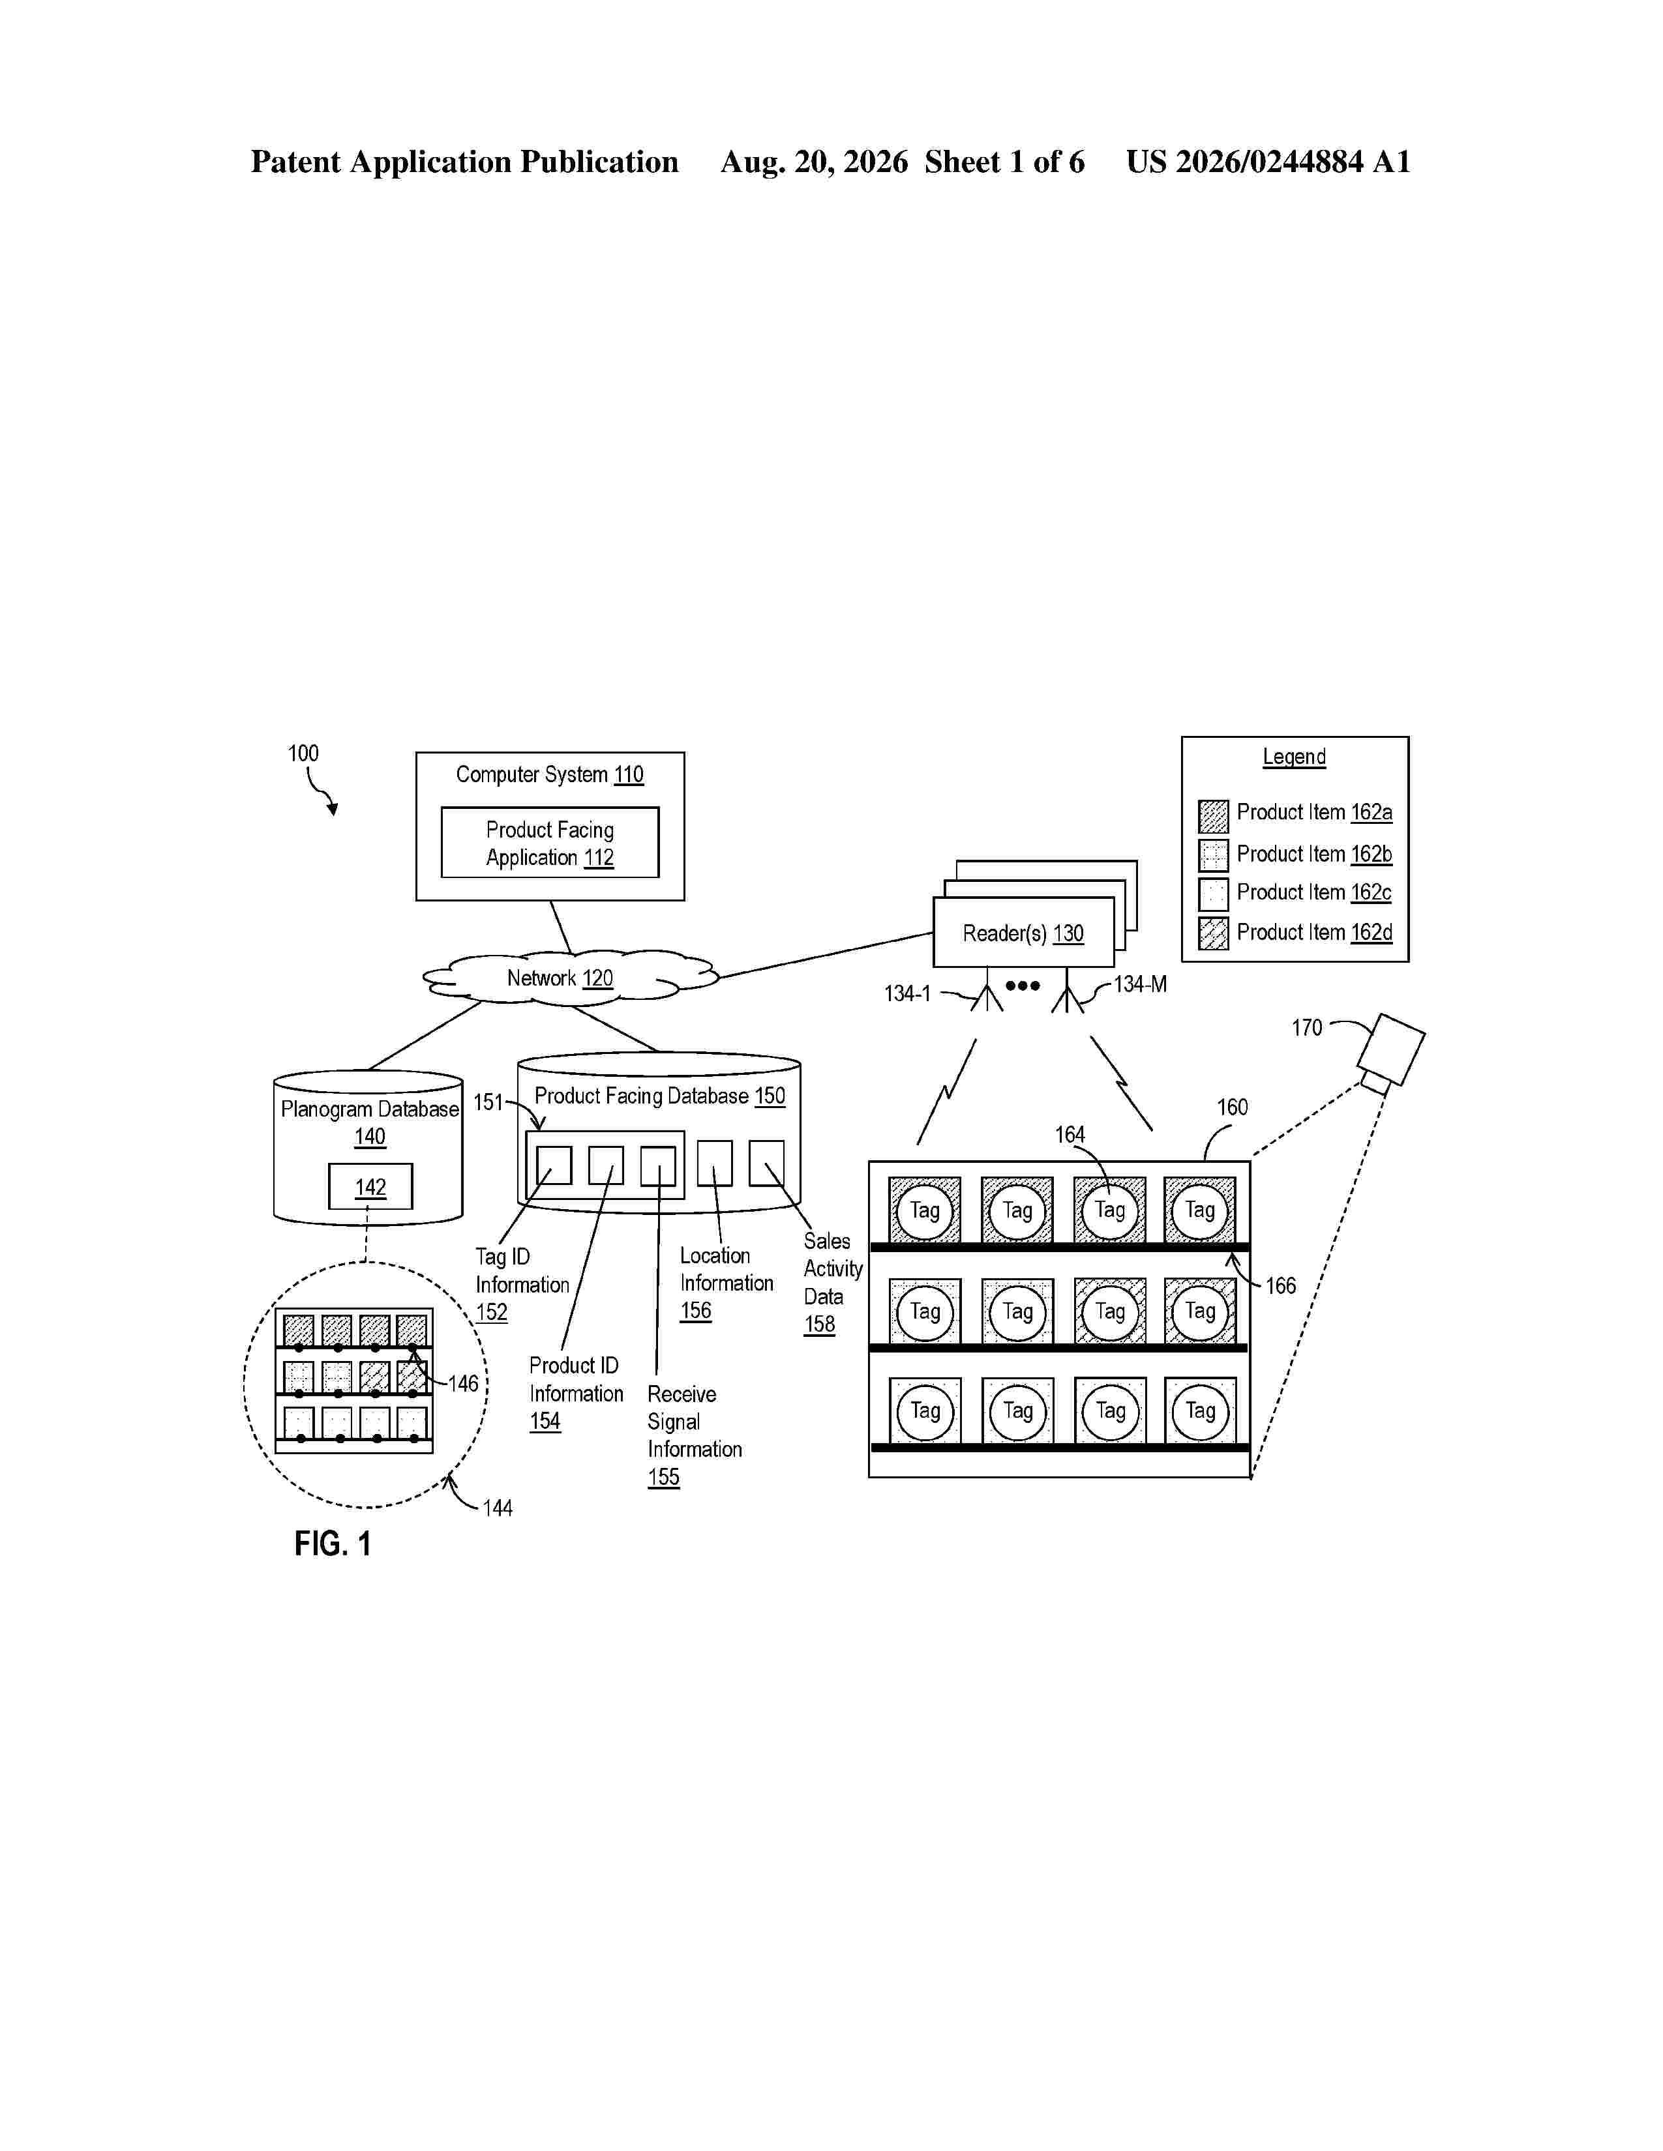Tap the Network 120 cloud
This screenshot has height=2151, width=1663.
pyautogui.click(x=571, y=978)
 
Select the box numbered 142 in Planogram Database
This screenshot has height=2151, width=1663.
pyautogui.click(x=370, y=1186)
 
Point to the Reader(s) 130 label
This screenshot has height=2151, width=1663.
pyautogui.click(x=1023, y=933)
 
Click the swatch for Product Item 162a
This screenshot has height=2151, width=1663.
pyautogui.click(x=1213, y=817)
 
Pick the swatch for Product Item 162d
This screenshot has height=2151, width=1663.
pyautogui.click(x=1213, y=933)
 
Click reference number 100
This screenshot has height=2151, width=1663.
pyautogui.click(x=303, y=754)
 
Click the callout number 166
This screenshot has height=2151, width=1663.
pyautogui.click(x=1281, y=1285)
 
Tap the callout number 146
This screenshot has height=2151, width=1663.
pyautogui.click(x=463, y=1384)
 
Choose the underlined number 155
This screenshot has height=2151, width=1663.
pyautogui.click(x=664, y=1477)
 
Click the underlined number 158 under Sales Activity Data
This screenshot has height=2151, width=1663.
pyautogui.click(x=820, y=1324)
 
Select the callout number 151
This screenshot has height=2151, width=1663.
pyautogui.click(x=488, y=1102)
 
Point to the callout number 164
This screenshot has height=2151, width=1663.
pyautogui.click(x=1070, y=1135)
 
